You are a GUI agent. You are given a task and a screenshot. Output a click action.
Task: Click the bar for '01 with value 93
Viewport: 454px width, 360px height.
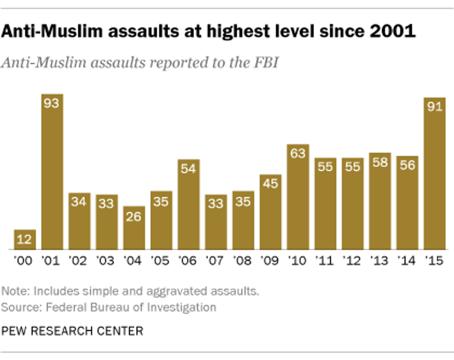click(x=52, y=172)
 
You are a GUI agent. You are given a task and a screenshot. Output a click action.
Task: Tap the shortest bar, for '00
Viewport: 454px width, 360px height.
click(x=25, y=240)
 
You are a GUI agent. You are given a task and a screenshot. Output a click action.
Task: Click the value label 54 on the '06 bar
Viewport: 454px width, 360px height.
click(x=189, y=169)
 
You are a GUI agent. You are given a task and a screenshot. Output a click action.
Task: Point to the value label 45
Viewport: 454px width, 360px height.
click(x=271, y=184)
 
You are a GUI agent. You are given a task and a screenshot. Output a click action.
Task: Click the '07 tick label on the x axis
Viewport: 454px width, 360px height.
click(x=215, y=261)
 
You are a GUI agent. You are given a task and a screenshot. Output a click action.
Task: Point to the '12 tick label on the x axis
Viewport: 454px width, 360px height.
click(x=353, y=261)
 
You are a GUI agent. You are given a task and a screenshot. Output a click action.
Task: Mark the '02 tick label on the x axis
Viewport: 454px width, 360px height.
click(x=79, y=261)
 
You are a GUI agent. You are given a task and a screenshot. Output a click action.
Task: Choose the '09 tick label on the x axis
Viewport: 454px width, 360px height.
click(x=270, y=261)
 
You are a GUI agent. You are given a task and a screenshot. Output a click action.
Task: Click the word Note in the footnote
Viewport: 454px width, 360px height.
click(x=12, y=291)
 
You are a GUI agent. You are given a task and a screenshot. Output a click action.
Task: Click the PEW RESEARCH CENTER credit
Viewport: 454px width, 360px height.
click(x=72, y=331)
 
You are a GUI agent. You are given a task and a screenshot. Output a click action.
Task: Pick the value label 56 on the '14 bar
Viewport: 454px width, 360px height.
click(x=407, y=166)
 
